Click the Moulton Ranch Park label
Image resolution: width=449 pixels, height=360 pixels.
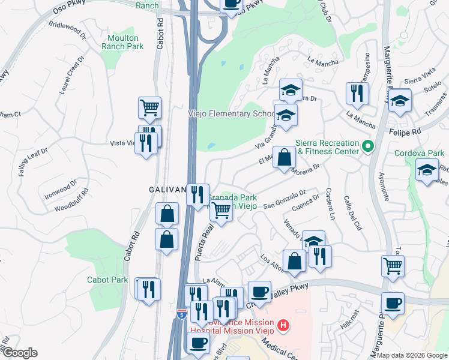tap(122, 42)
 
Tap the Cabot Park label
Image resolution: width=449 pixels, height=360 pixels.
tap(107, 280)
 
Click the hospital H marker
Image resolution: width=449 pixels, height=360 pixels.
tap(283, 326)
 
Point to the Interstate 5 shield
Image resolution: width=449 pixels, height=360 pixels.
tap(182, 314)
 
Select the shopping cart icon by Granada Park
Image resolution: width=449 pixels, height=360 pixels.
tap(221, 211)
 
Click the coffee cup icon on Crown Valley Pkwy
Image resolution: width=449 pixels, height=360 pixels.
tap(259, 292)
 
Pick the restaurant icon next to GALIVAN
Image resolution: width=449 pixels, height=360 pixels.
tap(197, 194)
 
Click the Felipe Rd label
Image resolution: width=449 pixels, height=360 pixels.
tap(405, 130)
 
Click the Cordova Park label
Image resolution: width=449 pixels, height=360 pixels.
tap(419, 153)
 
